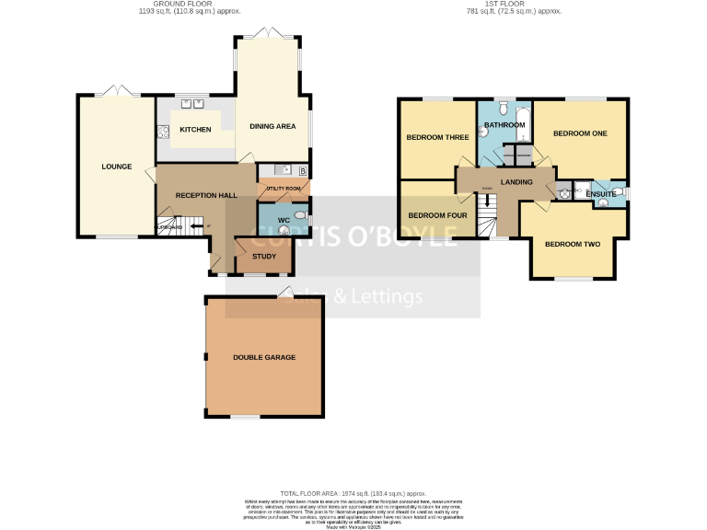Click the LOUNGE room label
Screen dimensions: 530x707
pyautogui.click(x=117, y=167)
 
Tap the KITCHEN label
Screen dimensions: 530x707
pyautogui.click(x=195, y=130)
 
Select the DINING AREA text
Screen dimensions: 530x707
pyautogui.click(x=272, y=126)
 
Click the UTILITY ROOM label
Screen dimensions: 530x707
pyautogui.click(x=283, y=189)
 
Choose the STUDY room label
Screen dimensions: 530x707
pyautogui.click(x=263, y=256)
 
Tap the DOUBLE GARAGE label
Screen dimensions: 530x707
pyautogui.click(x=264, y=357)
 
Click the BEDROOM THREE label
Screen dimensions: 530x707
pyautogui.click(x=437, y=137)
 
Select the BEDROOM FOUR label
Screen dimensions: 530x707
pyautogui.click(x=437, y=215)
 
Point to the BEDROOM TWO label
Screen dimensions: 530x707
pyautogui.click(x=572, y=244)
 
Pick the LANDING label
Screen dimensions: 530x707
pyautogui.click(x=516, y=182)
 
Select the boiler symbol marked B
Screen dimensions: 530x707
pyautogui.click(x=303, y=171)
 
